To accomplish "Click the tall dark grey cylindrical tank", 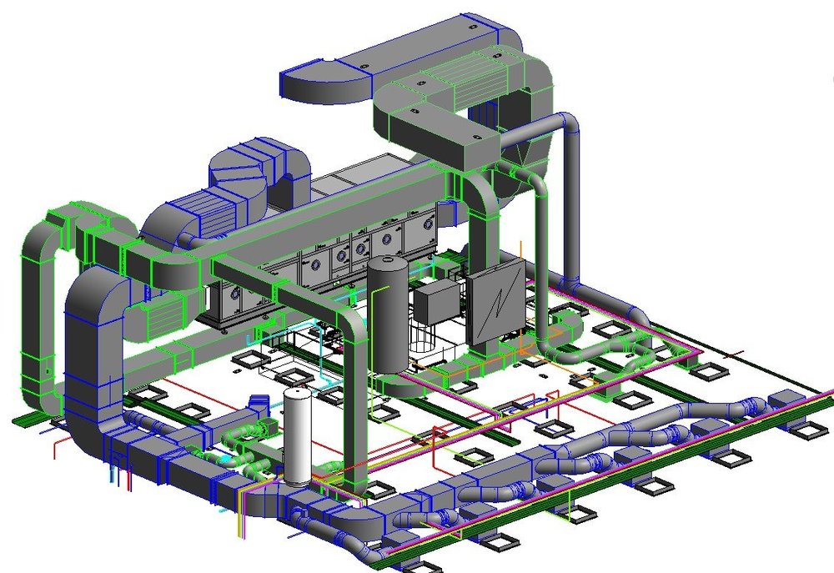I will (x=388, y=317).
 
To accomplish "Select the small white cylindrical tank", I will (x=296, y=438).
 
